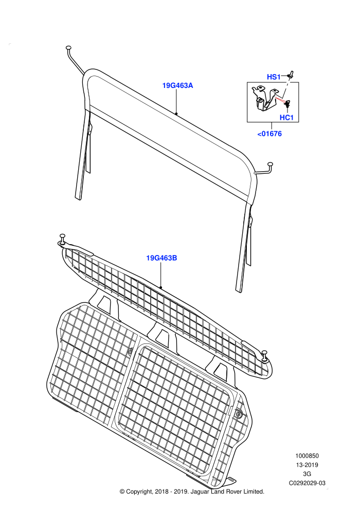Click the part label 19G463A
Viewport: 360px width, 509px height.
point(177,85)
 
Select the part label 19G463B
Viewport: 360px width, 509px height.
point(161,258)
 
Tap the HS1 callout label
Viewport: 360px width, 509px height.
point(273,77)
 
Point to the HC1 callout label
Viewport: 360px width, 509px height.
point(286,118)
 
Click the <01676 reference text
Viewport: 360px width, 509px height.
point(269,134)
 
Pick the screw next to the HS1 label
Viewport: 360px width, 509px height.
point(291,75)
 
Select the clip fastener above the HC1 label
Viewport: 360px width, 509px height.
point(287,103)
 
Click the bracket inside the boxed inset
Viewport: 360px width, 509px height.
point(264,98)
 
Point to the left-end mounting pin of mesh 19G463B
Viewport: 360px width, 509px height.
point(62,239)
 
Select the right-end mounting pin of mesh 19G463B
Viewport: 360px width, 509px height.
point(265,356)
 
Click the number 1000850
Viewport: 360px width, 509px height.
point(307,456)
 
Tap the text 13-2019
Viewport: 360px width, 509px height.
point(307,465)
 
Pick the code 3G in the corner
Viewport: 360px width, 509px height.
point(307,474)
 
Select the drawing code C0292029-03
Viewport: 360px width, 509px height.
point(307,483)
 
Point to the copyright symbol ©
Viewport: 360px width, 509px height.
point(122,492)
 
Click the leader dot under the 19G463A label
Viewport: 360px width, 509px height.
point(176,114)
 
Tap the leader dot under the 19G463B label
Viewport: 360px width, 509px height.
point(160,287)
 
